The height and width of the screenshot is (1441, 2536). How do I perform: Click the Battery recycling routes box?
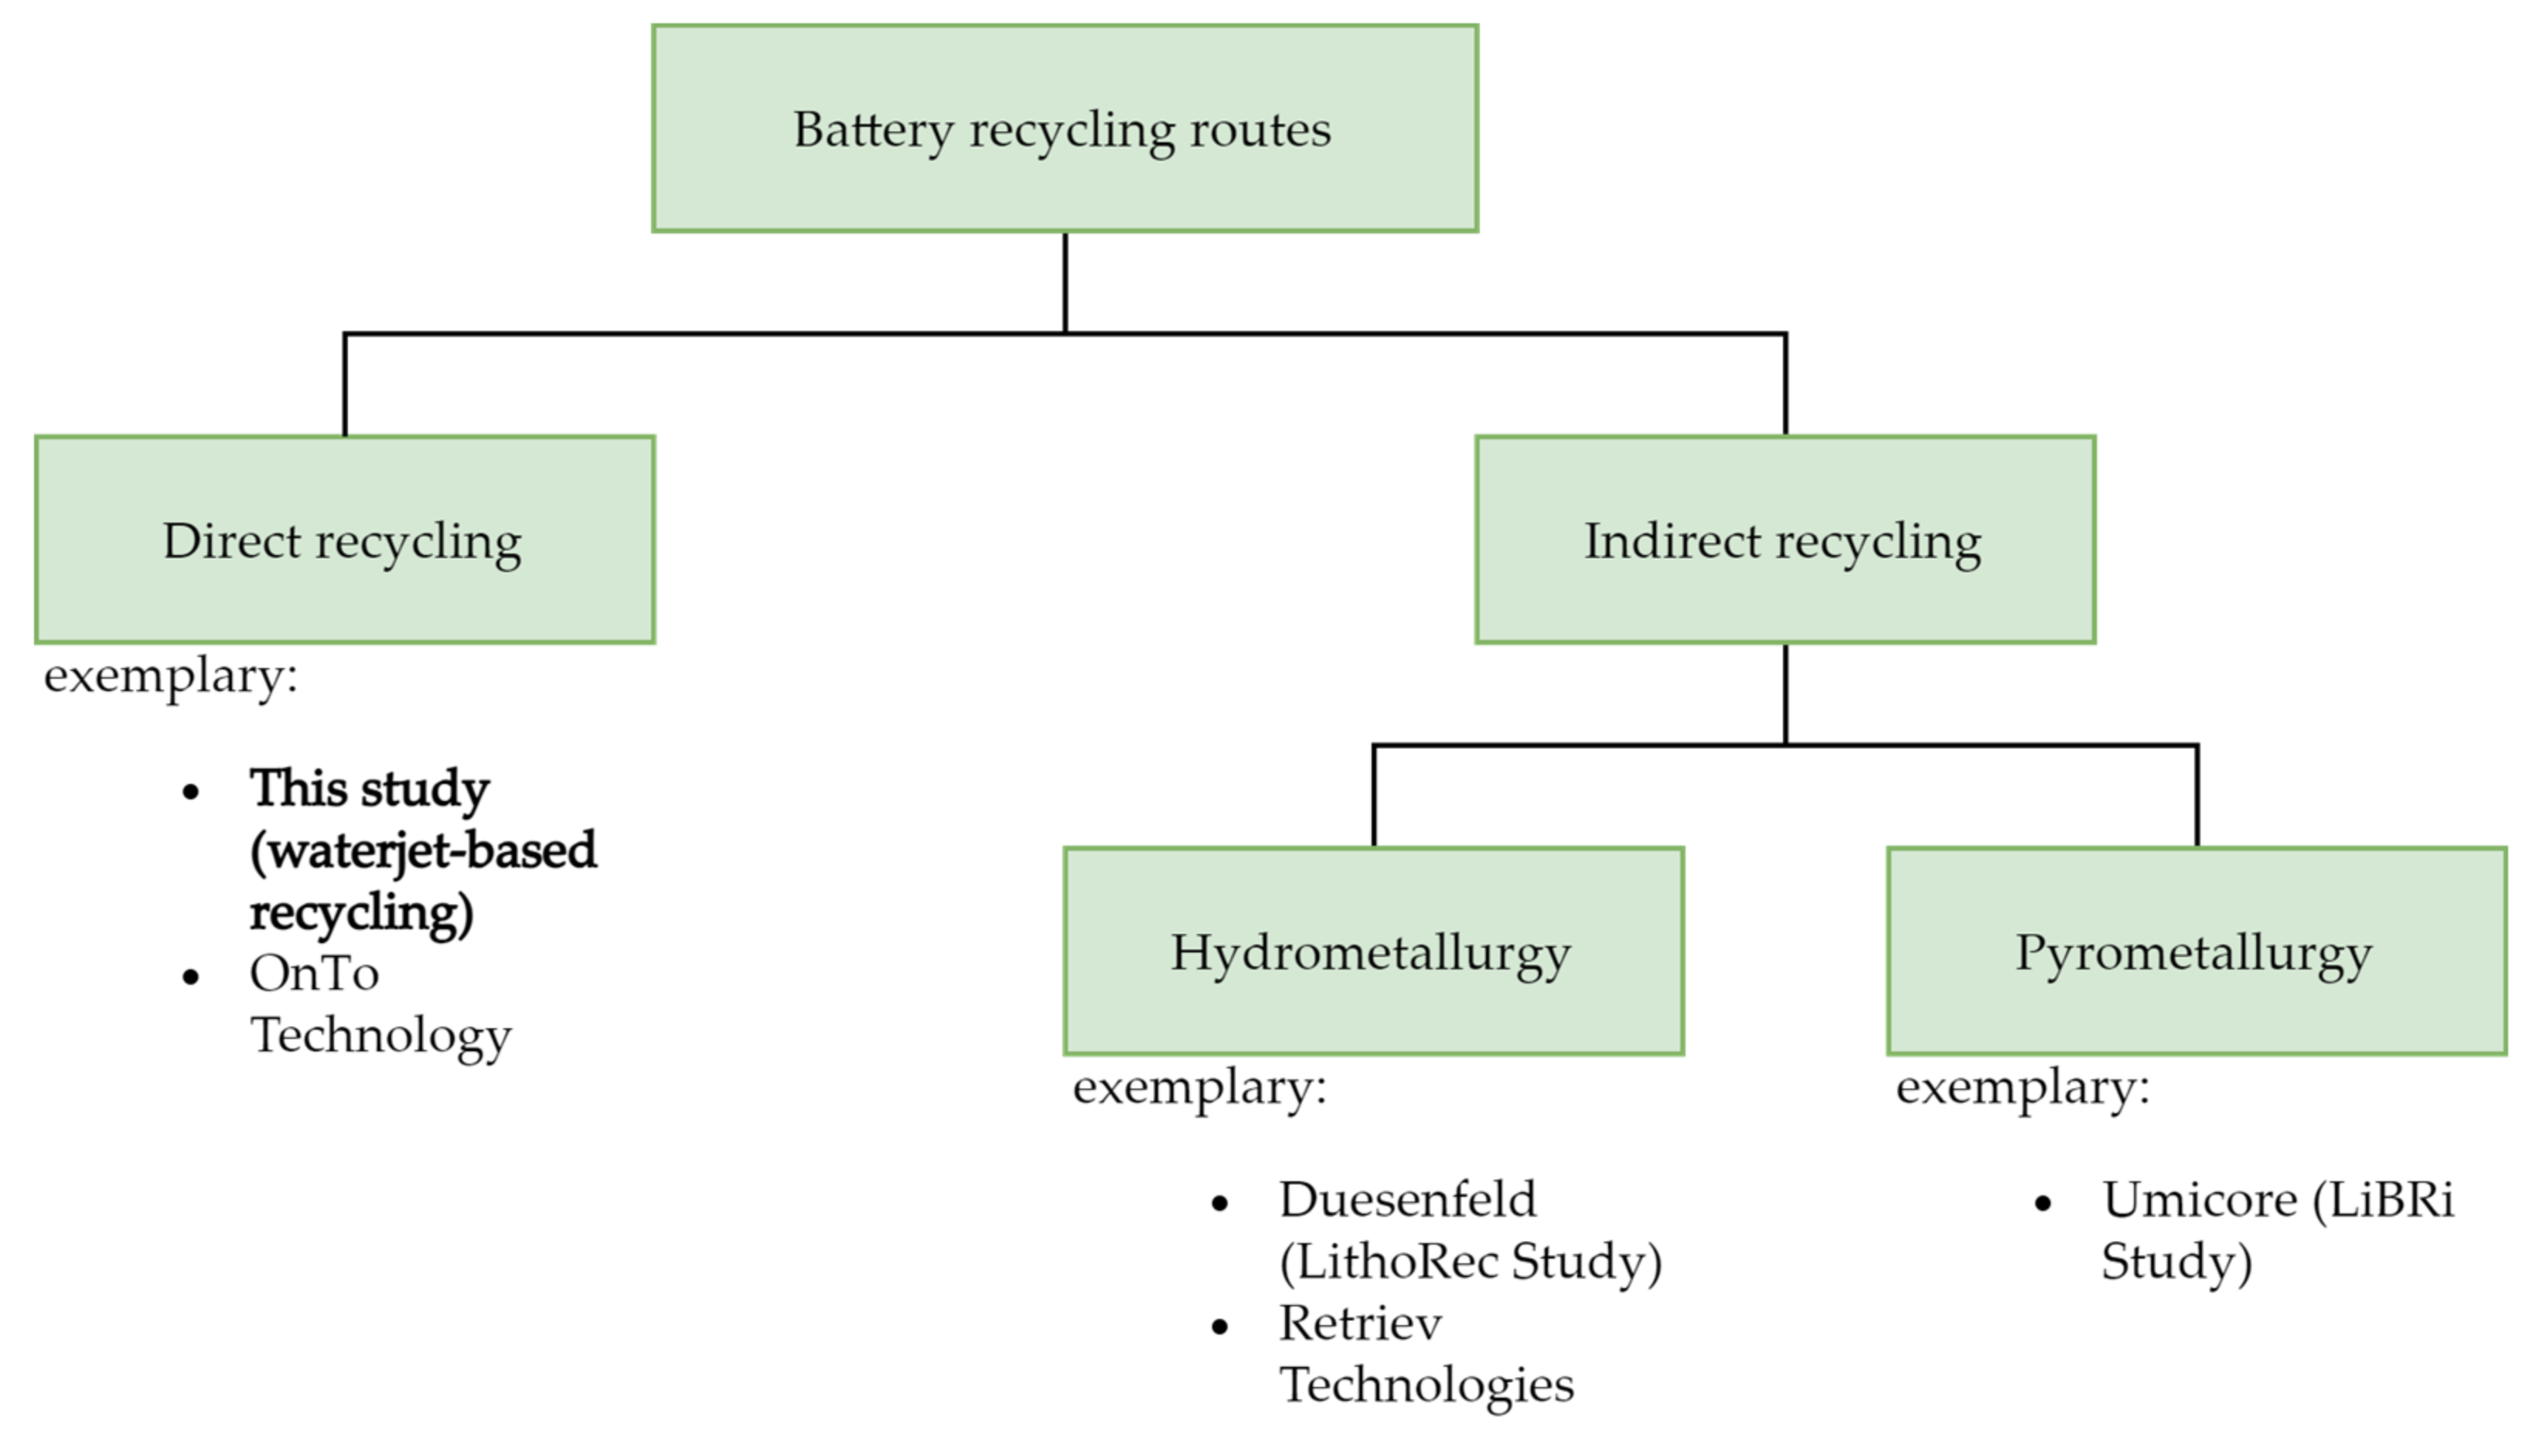coord(1064,128)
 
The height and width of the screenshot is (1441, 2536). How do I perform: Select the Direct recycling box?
coord(345,540)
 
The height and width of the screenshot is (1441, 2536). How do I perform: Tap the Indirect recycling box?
coord(1784,540)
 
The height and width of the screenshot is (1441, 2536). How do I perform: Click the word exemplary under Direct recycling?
coord(170,678)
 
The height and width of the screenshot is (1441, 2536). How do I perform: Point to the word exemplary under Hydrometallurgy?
coord(1198,1088)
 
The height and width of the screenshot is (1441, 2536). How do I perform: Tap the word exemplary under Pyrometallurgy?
coord(2023,1088)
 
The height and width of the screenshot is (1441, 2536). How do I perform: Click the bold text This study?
coord(370,790)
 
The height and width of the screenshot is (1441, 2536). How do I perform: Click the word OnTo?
coord(314,974)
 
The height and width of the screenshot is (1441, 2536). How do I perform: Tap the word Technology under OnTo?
coord(381,1036)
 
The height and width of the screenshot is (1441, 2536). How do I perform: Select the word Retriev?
coord(1360,1324)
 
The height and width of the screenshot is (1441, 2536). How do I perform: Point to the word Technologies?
coord(1426,1385)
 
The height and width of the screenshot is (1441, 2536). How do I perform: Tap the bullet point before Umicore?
coord(2043,1204)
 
